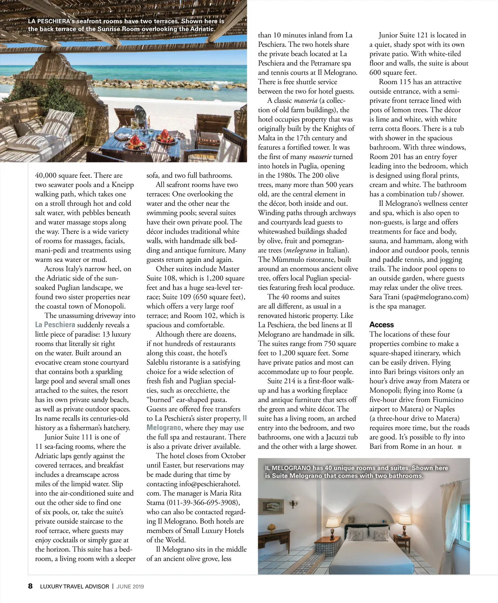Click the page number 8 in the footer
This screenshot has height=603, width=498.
30,586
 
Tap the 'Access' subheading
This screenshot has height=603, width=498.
381,325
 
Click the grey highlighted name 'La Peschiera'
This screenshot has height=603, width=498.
55,325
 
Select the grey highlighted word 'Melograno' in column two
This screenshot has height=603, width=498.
164,428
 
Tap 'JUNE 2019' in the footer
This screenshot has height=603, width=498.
130,586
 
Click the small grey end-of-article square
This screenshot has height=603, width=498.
459,447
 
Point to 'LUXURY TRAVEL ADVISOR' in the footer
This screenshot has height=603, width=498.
74,586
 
